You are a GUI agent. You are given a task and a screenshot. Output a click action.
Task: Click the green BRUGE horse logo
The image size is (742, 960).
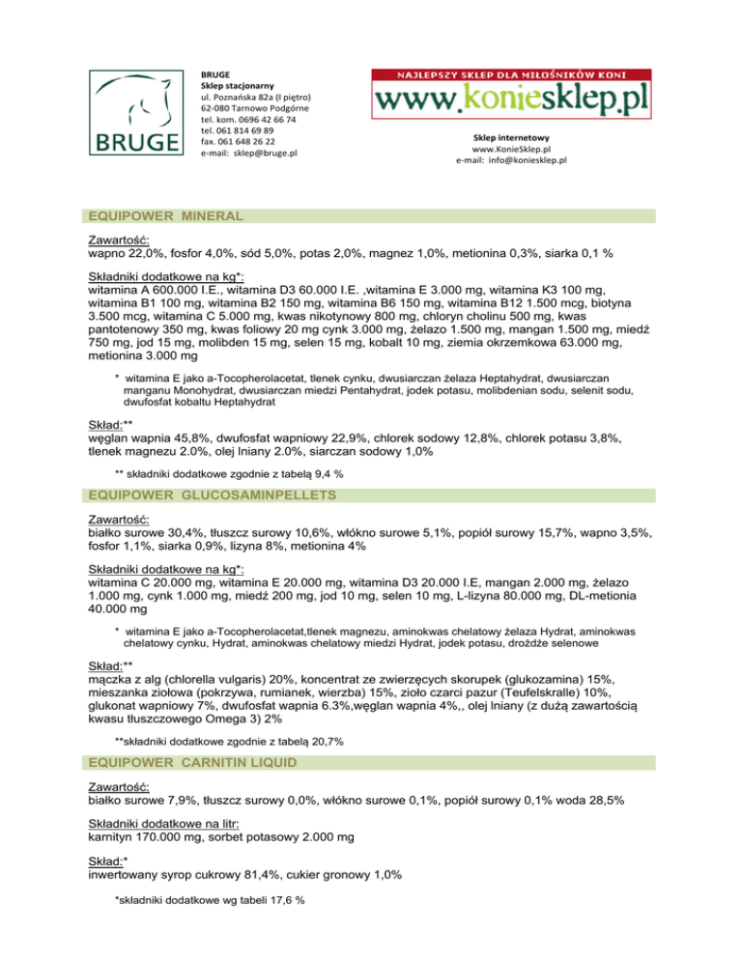click(135, 112)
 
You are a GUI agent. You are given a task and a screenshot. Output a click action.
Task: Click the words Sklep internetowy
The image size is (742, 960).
click(511, 139)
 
